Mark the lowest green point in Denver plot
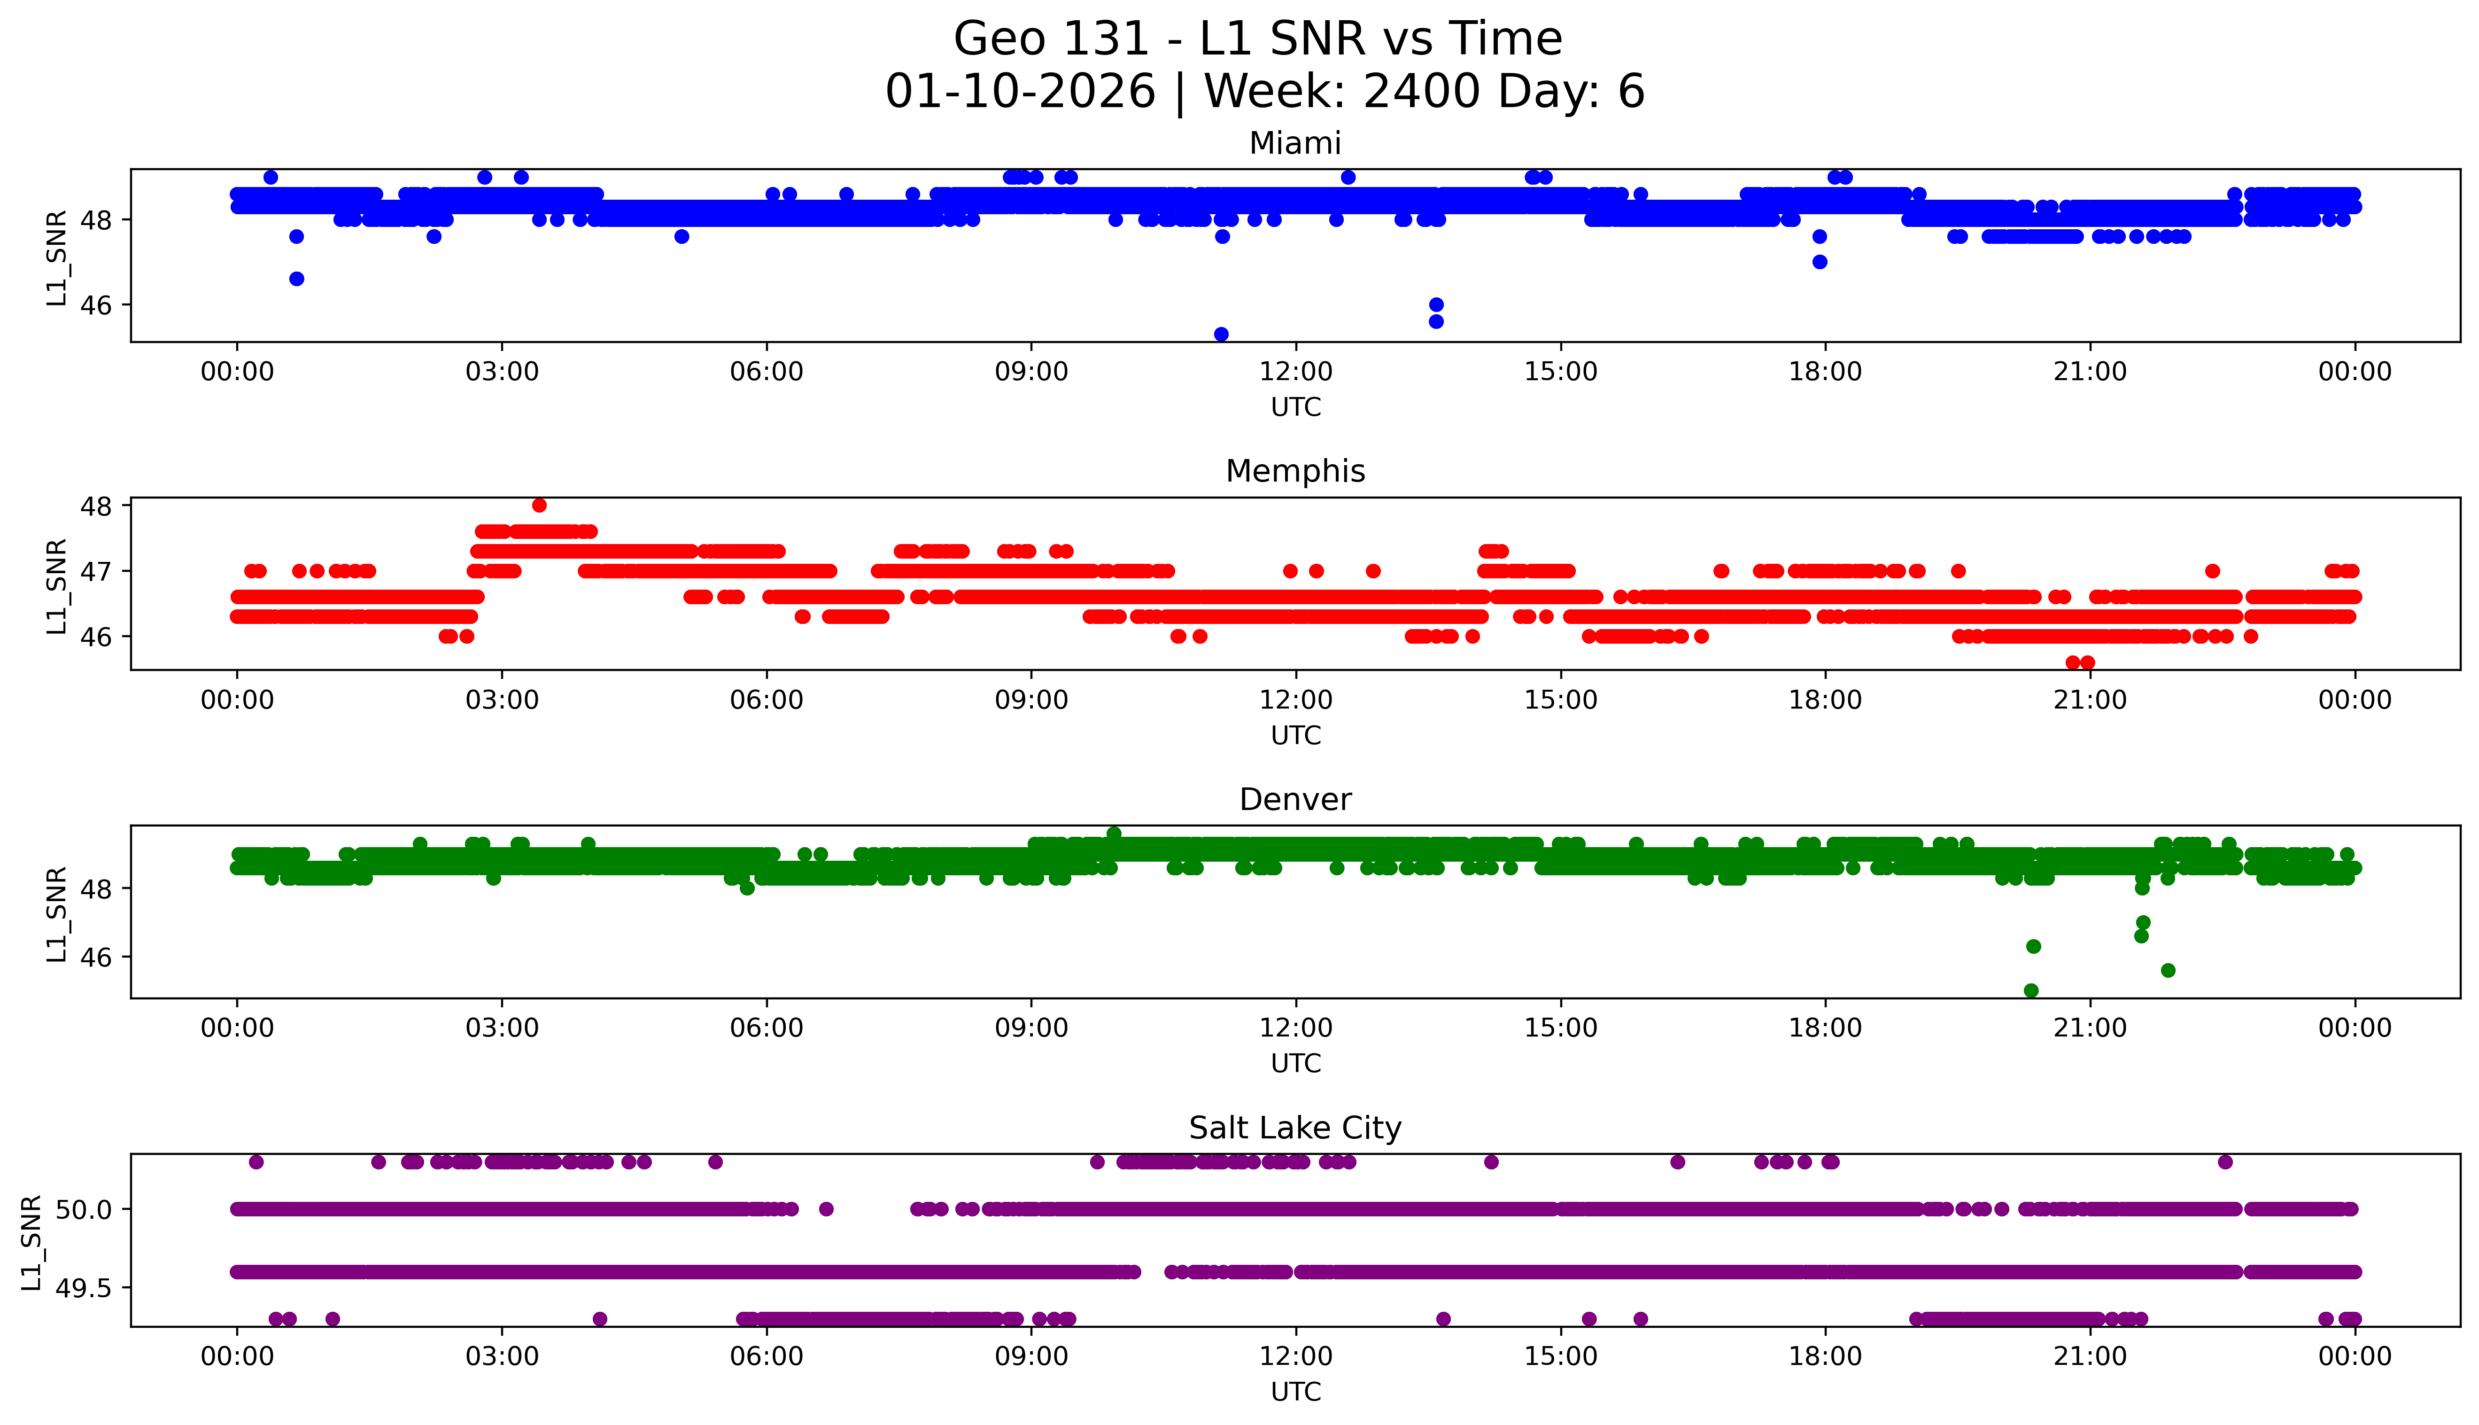coord(2031,990)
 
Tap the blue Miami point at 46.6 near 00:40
coord(296,279)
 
